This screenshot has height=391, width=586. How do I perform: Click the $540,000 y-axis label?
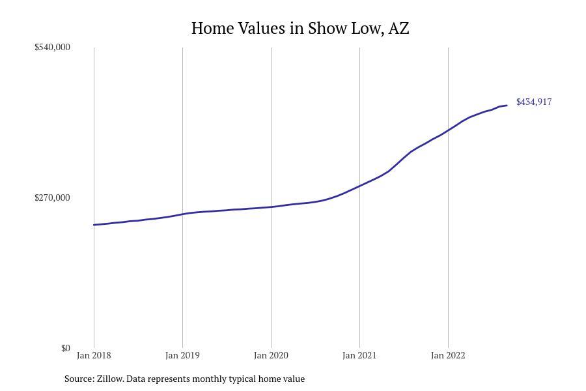click(x=52, y=47)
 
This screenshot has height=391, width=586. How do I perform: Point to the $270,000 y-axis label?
click(x=52, y=197)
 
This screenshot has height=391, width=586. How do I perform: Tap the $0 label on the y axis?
click(x=65, y=348)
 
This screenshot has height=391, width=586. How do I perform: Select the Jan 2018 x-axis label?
click(x=94, y=355)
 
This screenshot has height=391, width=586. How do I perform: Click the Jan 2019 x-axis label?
click(x=182, y=355)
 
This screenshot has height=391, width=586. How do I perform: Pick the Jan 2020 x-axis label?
click(x=271, y=355)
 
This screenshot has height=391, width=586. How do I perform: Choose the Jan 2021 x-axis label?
click(x=359, y=355)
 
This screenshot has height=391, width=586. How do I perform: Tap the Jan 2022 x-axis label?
click(x=448, y=355)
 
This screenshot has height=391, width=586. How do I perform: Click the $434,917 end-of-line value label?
click(x=534, y=102)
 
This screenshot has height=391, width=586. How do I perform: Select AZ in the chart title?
click(x=398, y=29)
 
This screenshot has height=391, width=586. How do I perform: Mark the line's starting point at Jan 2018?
click(x=94, y=225)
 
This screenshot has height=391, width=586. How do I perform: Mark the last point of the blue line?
click(x=507, y=106)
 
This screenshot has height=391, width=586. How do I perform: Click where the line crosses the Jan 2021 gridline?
click(x=359, y=186)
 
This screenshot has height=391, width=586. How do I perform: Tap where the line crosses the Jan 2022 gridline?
click(x=448, y=130)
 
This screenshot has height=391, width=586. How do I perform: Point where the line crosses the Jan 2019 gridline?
click(x=182, y=214)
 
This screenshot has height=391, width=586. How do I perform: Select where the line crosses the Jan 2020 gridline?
click(x=271, y=207)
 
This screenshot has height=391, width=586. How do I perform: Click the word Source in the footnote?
click(x=78, y=379)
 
